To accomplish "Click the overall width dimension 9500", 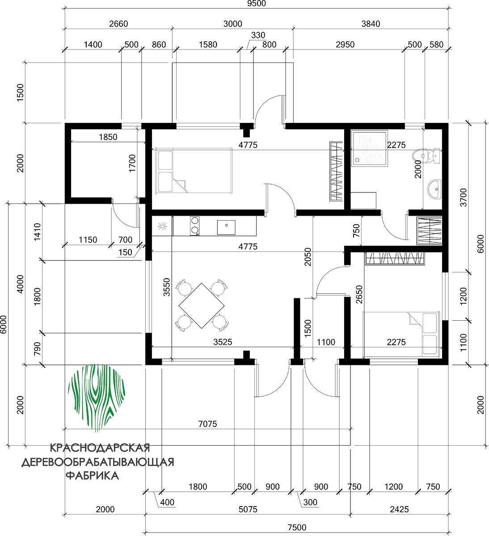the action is (257, 4).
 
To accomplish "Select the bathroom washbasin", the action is (434, 189).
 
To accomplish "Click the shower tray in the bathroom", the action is (369, 148).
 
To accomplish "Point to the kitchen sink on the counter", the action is (226, 227).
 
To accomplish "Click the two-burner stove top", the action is (195, 226).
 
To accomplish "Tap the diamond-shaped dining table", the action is (202, 306).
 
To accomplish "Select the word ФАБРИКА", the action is (92, 476).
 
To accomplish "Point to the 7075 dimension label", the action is (207, 424).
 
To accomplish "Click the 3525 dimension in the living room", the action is (223, 342).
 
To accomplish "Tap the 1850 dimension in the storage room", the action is (108, 137).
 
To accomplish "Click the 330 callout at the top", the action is (258, 35).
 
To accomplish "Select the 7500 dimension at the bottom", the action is (297, 528).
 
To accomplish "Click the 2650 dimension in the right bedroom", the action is (359, 294).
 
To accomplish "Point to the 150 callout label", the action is (125, 252).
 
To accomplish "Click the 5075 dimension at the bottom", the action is (248, 509).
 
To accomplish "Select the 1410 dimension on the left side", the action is (37, 232).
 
